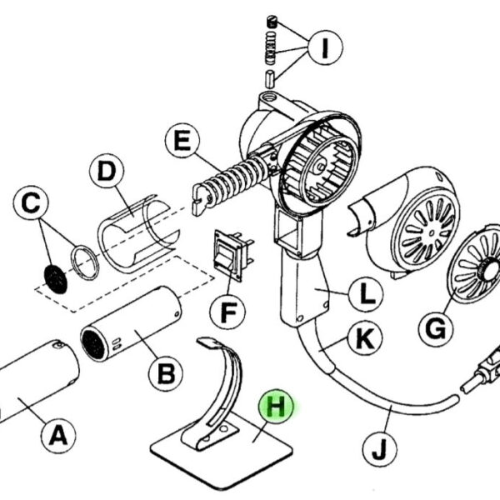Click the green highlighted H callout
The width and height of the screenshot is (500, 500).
pos(276,407)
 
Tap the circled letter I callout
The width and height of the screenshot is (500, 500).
pos(325,47)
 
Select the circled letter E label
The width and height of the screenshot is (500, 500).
pos(182,140)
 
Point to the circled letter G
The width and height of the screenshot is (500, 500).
pos(436,329)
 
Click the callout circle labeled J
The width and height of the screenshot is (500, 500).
pos(380,448)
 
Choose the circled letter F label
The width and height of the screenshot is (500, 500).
pos(227,312)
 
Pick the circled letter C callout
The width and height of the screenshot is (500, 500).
pos(32,203)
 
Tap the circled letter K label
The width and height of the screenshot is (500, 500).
pos(365,338)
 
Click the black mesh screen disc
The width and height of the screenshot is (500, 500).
pos(56,279)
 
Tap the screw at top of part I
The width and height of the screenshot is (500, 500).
pos(272,22)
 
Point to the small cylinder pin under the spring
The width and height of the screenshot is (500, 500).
pos(270,79)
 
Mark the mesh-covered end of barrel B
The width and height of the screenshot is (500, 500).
pos(92,345)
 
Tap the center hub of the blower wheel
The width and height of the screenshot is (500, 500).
pos(319,167)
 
